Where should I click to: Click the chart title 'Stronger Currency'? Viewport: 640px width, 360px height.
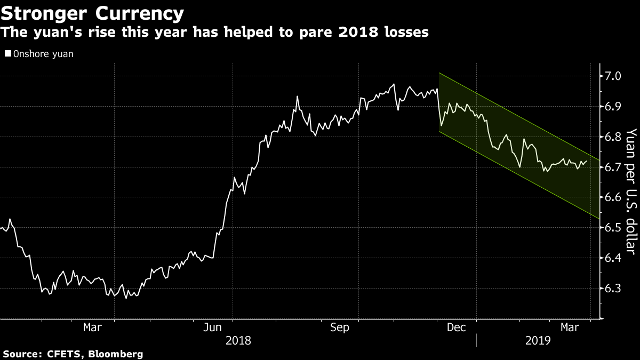[93, 13]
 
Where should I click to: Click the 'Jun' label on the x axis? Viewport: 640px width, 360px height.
[213, 327]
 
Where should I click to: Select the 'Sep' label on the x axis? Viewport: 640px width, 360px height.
[339, 327]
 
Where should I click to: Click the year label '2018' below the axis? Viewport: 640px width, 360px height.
[237, 340]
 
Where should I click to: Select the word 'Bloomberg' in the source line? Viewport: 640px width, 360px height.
[116, 354]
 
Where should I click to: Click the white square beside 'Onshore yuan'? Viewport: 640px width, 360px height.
[7, 53]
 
